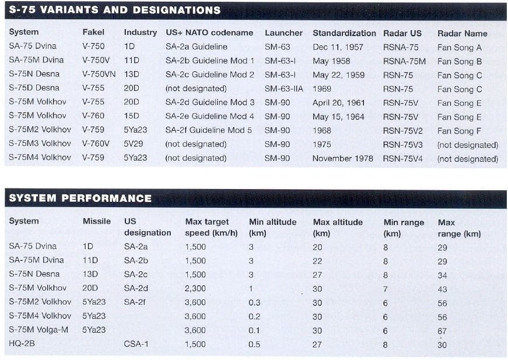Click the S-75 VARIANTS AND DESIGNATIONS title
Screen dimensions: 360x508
(115, 11)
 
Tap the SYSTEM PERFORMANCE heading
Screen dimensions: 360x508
(80, 198)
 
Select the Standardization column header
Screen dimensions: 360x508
(344, 33)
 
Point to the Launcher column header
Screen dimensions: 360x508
(283, 33)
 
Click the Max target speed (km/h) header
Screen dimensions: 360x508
(207, 227)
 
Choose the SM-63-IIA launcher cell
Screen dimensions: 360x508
(283, 89)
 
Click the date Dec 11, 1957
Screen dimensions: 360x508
(338, 47)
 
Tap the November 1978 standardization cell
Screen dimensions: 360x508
(342, 158)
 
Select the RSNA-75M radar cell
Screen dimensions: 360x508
(404, 61)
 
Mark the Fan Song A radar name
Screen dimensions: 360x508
(460, 47)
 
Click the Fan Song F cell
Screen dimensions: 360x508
(460, 131)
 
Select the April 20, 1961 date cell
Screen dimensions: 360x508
(338, 103)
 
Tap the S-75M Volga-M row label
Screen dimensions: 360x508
(38, 330)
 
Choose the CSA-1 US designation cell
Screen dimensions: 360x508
(136, 344)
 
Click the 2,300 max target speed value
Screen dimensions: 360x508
(195, 288)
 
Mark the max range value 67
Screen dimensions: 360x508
(442, 331)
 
